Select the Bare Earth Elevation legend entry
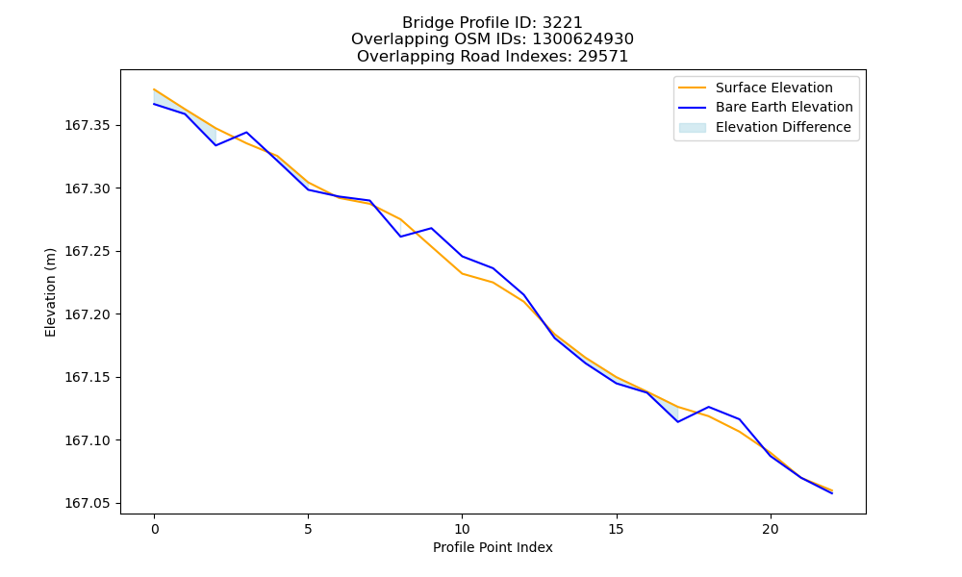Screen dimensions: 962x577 tap(766, 108)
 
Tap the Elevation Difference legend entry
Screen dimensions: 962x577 tap(765, 127)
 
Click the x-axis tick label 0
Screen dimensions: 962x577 tap(155, 529)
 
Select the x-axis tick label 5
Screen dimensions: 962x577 tap(308, 529)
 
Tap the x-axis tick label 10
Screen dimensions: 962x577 tap(462, 529)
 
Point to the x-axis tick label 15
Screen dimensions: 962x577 tap(616, 529)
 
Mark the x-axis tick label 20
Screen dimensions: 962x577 tap(770, 529)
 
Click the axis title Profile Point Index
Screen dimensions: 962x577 tap(493, 547)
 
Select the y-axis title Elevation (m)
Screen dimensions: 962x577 tap(50, 292)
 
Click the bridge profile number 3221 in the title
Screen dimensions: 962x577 tap(563, 23)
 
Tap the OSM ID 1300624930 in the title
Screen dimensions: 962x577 tap(583, 39)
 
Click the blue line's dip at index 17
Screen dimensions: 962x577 tap(678, 422)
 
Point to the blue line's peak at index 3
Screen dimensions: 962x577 tap(246, 133)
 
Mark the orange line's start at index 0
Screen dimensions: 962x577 tap(154, 89)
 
